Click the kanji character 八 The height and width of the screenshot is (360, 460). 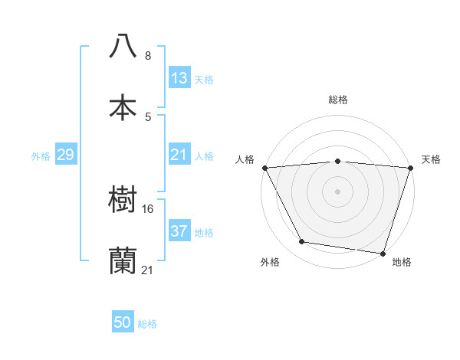tap(123, 46)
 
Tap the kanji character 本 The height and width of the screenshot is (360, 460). tap(123, 107)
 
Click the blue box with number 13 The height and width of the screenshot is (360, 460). tap(179, 78)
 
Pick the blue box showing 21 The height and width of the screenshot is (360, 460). tap(179, 155)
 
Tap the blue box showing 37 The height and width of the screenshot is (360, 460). tap(179, 231)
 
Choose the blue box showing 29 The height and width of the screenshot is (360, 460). tap(65, 155)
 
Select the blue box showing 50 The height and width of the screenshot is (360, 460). tap(123, 323)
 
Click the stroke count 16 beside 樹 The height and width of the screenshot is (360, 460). tap(149, 208)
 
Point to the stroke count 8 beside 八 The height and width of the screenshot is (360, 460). tap(148, 56)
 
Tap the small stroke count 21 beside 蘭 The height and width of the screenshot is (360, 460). tap(148, 270)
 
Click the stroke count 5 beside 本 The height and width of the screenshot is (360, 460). tap(148, 117)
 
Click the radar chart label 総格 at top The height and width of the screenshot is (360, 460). tap(337, 100)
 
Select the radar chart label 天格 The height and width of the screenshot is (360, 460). tap(432, 159)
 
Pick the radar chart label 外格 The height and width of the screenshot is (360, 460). tap(269, 263)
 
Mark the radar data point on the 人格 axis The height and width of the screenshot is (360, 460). tap(264, 168)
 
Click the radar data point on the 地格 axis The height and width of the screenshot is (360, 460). tap(383, 253)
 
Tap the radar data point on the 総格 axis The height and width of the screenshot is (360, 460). tap(337, 161)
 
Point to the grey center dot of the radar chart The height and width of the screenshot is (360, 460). tap(337, 191)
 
